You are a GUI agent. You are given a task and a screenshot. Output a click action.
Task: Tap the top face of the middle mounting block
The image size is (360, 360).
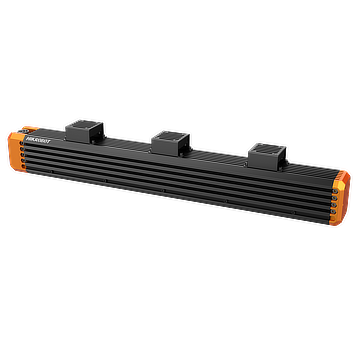[x=171, y=133]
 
